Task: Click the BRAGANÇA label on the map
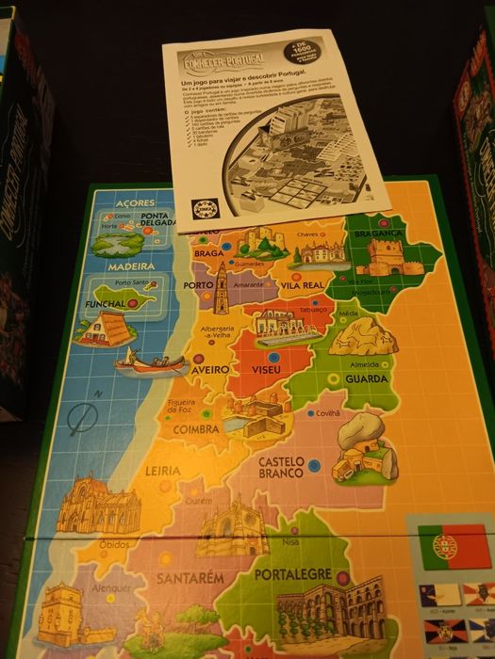point(380,233)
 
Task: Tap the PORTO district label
point(198,283)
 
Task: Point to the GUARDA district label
point(366,379)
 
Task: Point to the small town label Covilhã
point(327,412)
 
